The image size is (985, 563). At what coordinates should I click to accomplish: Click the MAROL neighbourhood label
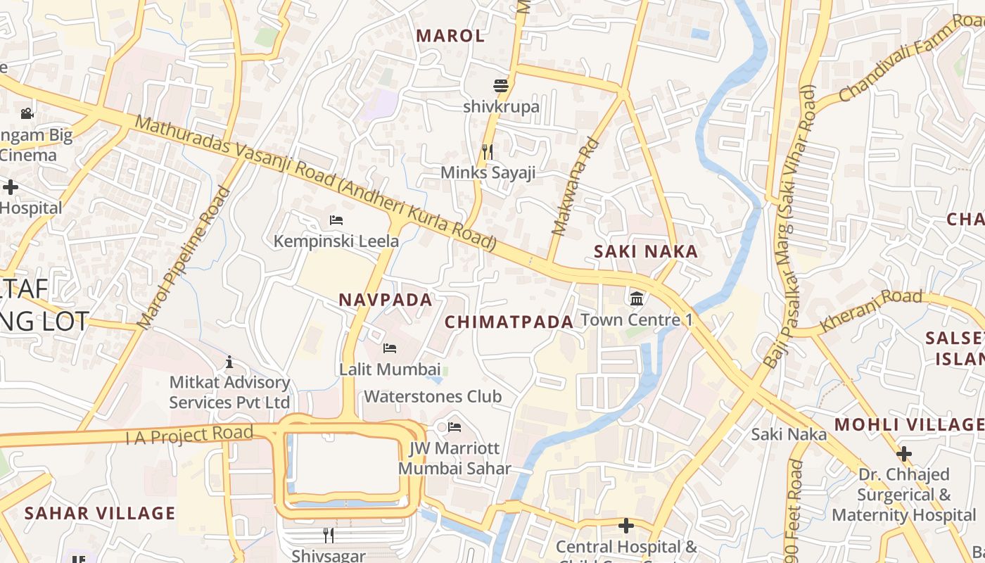click(450, 36)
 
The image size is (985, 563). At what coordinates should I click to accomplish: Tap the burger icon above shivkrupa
click(501, 86)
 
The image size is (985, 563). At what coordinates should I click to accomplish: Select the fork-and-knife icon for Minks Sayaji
click(487, 151)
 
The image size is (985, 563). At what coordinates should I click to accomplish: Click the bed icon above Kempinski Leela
click(336, 220)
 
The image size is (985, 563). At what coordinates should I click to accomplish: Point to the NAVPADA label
click(386, 300)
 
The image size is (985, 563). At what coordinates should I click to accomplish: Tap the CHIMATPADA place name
click(509, 322)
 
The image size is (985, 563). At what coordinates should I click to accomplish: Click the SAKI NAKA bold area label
click(646, 251)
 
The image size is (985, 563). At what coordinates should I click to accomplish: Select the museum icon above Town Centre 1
click(637, 299)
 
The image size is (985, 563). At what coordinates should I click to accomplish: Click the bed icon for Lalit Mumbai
click(390, 348)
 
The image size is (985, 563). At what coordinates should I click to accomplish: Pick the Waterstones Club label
click(433, 396)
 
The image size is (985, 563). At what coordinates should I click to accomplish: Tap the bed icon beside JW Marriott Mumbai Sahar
click(455, 427)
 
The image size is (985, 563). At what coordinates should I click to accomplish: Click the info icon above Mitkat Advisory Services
click(229, 362)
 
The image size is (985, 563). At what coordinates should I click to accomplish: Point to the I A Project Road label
click(189, 435)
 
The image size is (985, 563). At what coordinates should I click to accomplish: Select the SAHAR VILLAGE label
click(100, 513)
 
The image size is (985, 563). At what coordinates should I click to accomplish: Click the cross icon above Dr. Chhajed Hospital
click(904, 454)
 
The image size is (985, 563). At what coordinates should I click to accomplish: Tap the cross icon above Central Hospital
click(626, 526)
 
